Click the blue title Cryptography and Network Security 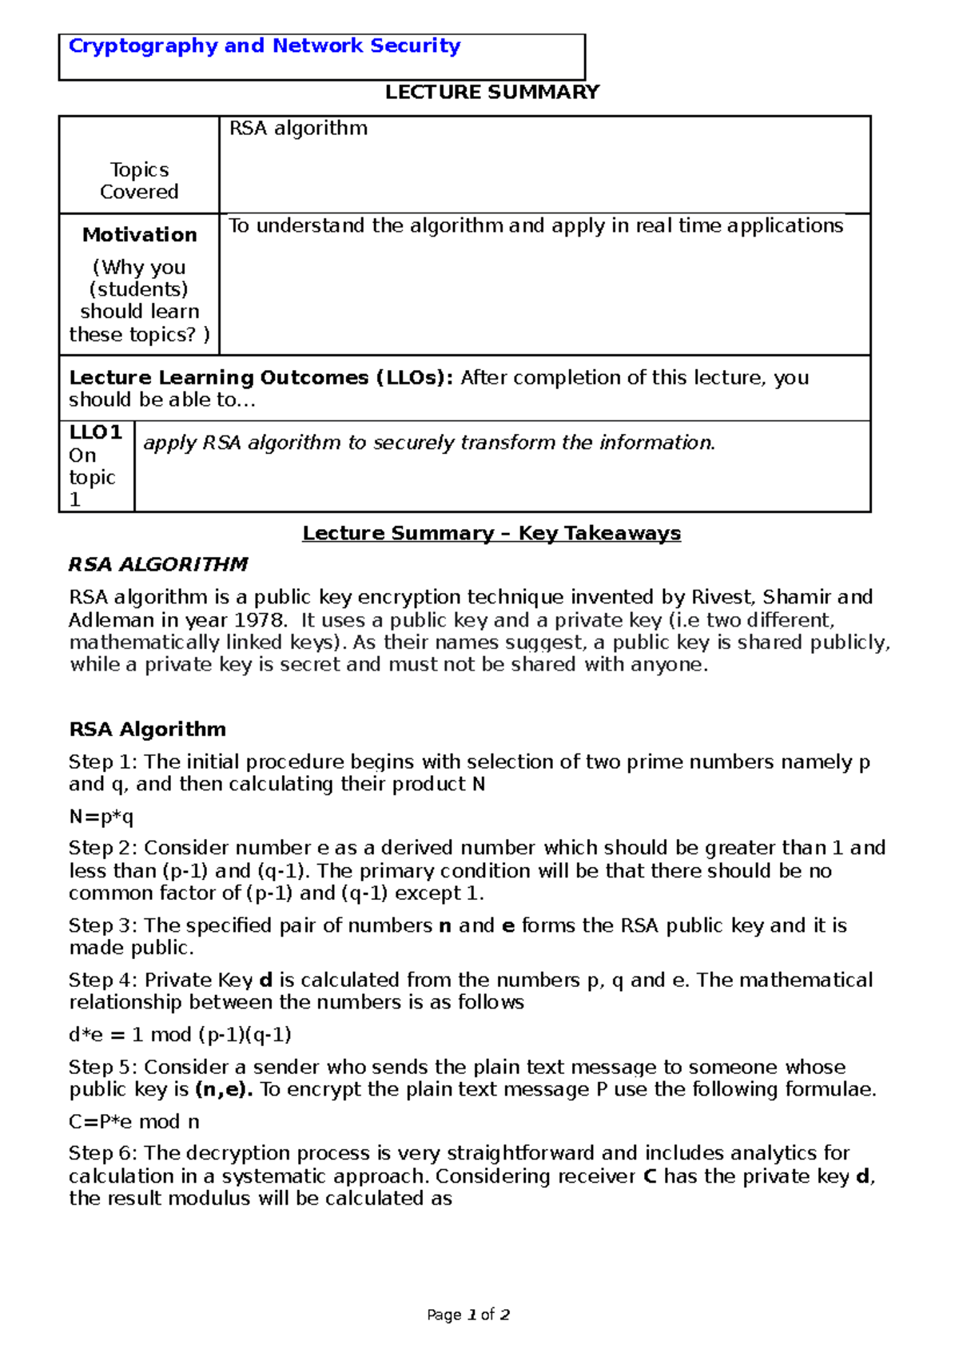pyautogui.click(x=265, y=46)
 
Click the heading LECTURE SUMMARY pyautogui.click(x=491, y=93)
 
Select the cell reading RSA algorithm pyautogui.click(x=298, y=129)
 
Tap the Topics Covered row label pyautogui.click(x=139, y=181)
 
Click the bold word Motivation pyautogui.click(x=139, y=235)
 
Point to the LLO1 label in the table pyautogui.click(x=95, y=432)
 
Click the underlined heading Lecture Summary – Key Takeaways pyautogui.click(x=491, y=533)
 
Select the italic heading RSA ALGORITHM pyautogui.click(x=158, y=564)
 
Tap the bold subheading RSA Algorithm pyautogui.click(x=147, y=729)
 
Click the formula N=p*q pyautogui.click(x=101, y=817)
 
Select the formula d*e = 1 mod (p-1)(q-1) pyautogui.click(x=180, y=1035)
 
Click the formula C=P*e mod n pyautogui.click(x=134, y=1122)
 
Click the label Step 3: pyautogui.click(x=103, y=925)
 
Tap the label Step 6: pyautogui.click(x=103, y=1153)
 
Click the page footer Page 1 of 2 pyautogui.click(x=468, y=1315)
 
